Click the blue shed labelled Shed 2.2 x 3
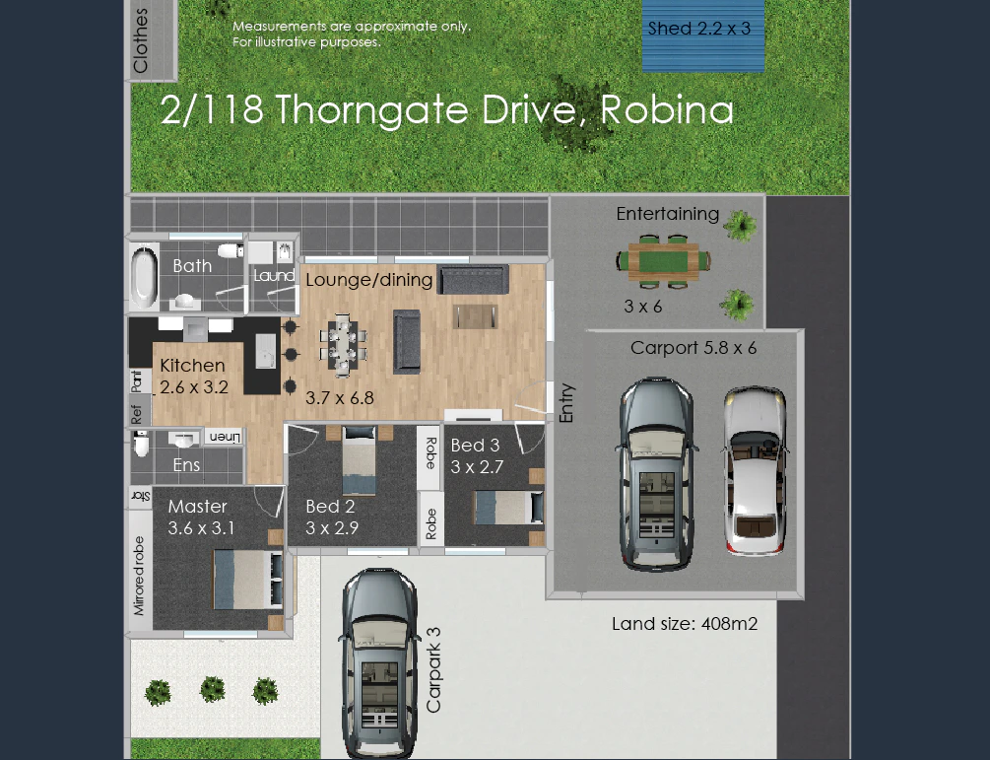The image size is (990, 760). point(702,35)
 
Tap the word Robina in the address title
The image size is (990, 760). point(667,110)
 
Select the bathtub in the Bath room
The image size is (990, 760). point(144,277)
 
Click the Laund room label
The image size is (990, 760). point(274,275)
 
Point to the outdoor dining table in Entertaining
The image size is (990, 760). point(664,261)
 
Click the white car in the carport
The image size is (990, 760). point(756,470)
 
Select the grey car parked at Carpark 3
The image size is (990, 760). point(379,663)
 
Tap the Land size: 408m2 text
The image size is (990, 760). point(685,624)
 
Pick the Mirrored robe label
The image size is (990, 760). point(139,576)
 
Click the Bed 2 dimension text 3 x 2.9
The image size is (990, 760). point(332,528)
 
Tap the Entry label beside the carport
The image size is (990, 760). point(566,403)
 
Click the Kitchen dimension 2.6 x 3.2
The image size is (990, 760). point(194,387)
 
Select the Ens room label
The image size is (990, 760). point(186,465)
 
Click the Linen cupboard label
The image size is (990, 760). point(225,437)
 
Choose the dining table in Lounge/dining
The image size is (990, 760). point(342,345)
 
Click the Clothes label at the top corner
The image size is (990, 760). point(140,39)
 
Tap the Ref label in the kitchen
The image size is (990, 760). point(137,414)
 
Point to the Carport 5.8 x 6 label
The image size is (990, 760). point(693,347)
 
